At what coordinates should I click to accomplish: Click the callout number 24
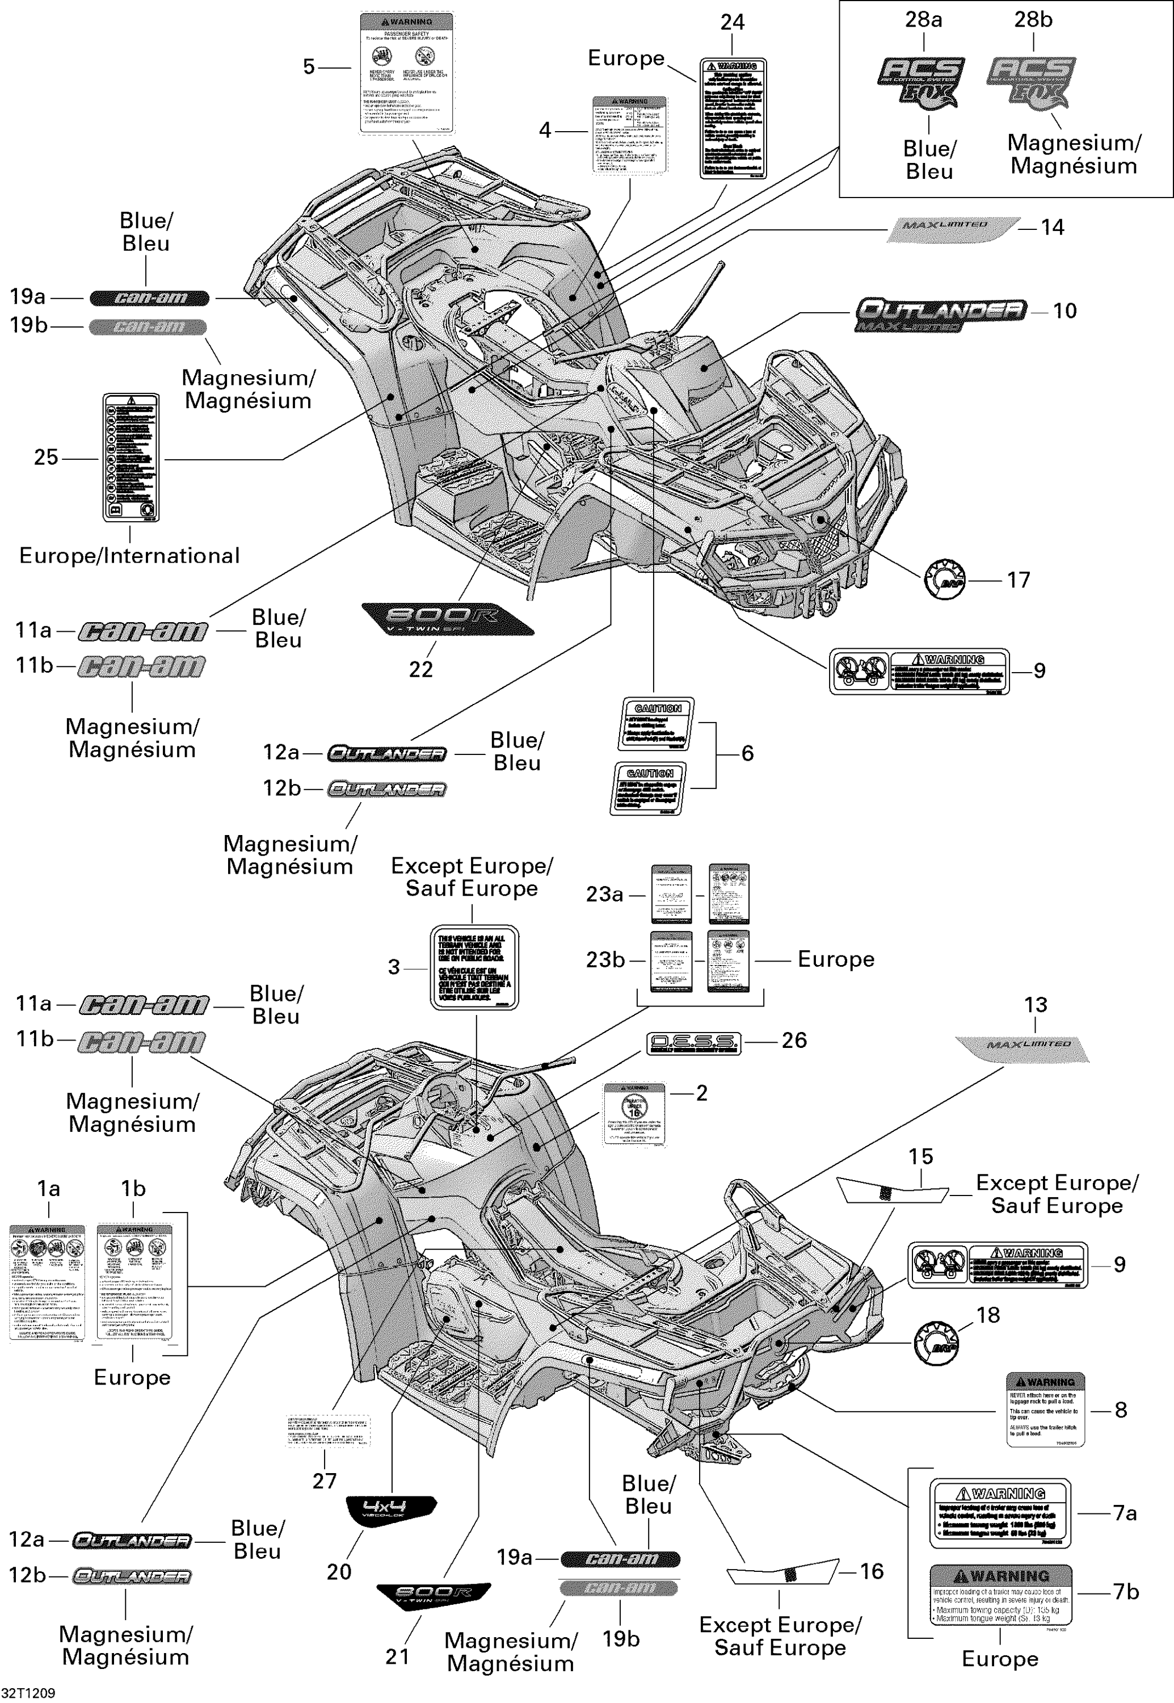click(x=732, y=22)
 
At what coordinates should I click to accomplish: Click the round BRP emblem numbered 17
click(x=945, y=579)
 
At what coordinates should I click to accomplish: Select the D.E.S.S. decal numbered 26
click(x=693, y=1043)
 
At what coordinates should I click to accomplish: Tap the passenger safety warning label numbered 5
click(x=407, y=73)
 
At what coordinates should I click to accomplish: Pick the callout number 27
click(x=325, y=1480)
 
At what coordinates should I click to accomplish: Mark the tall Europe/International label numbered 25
click(x=131, y=457)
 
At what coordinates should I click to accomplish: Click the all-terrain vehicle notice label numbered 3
click(x=474, y=967)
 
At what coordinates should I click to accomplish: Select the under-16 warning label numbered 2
click(x=634, y=1114)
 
